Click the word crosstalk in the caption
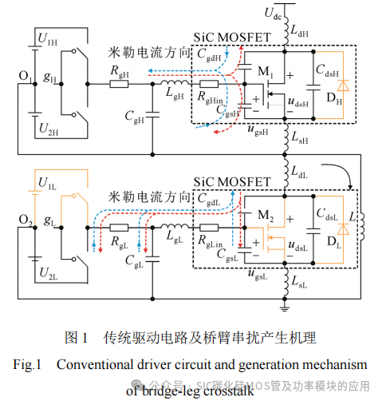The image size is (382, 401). click(x=225, y=390)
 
